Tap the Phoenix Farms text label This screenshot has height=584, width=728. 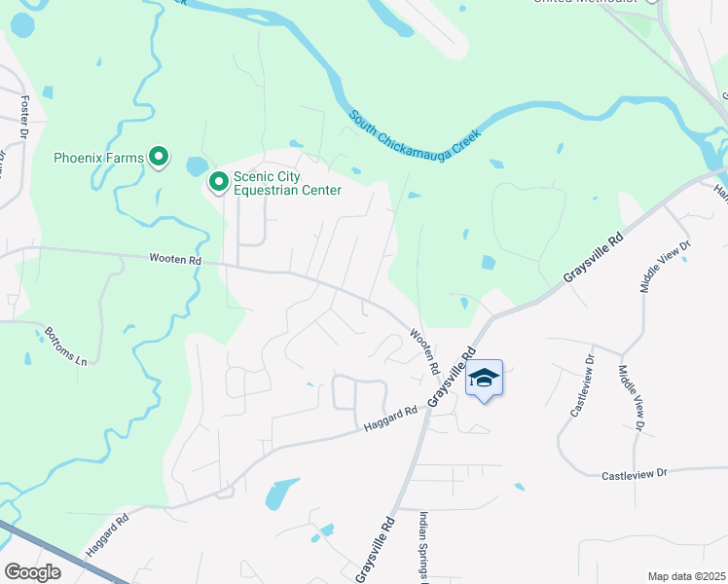click(98, 158)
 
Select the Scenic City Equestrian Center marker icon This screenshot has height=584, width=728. click(219, 181)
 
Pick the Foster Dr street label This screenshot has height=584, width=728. click(24, 111)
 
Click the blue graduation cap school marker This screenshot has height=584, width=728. click(484, 378)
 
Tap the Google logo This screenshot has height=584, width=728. click(32, 572)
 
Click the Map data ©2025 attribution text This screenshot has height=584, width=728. click(686, 576)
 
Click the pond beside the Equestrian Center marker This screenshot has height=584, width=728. click(196, 166)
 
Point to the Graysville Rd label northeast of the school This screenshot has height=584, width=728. click(593, 258)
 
